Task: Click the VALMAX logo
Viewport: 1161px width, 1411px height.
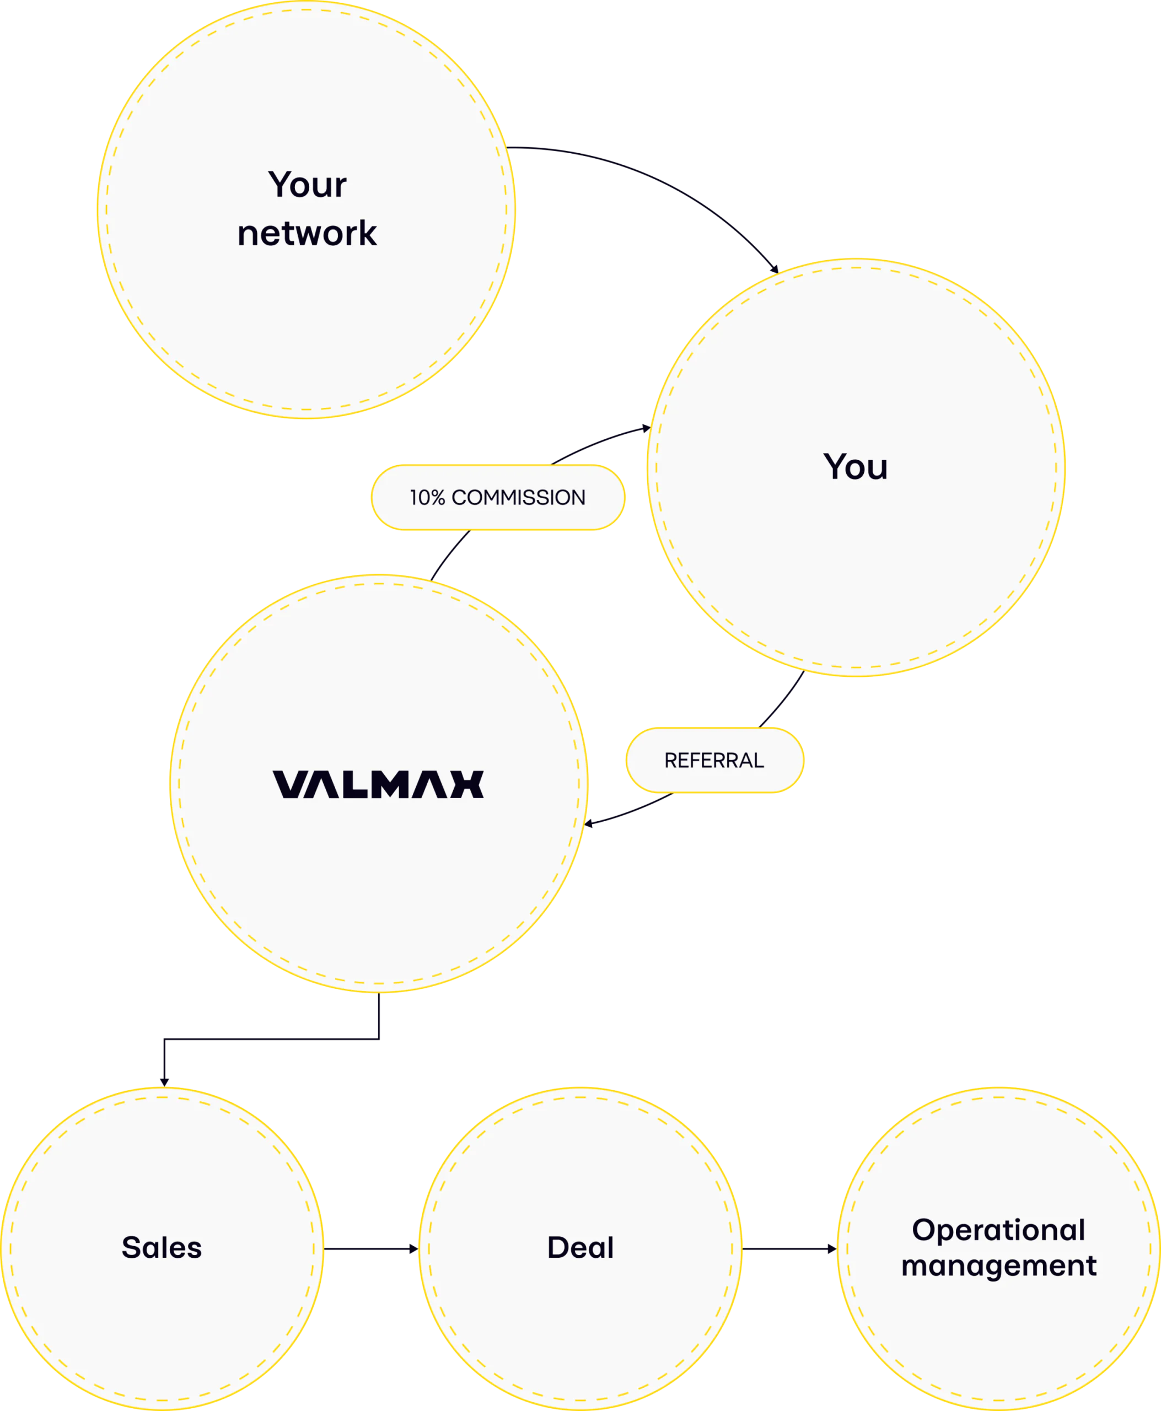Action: click(x=378, y=784)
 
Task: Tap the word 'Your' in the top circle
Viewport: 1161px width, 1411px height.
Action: click(x=308, y=185)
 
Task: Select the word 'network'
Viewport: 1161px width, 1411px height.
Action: click(x=307, y=233)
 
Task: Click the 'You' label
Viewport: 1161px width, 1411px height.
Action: click(x=856, y=467)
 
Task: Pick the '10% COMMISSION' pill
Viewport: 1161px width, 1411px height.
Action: click(x=498, y=498)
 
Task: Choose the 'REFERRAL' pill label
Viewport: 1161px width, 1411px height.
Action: click(x=714, y=760)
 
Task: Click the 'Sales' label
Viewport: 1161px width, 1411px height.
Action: click(x=162, y=1248)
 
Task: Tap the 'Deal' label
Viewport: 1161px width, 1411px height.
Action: click(x=580, y=1248)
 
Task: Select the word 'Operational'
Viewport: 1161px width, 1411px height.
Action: click(x=998, y=1230)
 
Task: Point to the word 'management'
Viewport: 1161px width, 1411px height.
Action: click(x=998, y=1266)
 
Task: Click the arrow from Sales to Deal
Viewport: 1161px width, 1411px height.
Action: click(x=371, y=1248)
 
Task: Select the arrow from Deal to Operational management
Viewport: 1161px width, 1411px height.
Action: click(x=789, y=1248)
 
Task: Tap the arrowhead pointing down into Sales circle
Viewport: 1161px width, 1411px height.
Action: click(x=164, y=1082)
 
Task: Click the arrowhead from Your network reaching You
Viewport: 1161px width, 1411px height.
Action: click(x=775, y=270)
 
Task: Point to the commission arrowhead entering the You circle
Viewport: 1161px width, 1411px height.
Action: click(x=646, y=428)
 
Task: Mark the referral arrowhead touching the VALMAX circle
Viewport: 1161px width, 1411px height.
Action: click(x=589, y=824)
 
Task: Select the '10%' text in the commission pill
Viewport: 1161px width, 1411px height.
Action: click(x=427, y=498)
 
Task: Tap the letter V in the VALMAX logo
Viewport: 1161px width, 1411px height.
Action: click(x=288, y=784)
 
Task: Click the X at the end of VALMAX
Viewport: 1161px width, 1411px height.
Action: click(x=467, y=784)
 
